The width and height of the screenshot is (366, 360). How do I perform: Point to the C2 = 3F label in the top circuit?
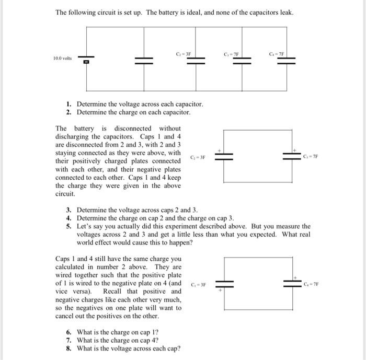click(x=185, y=53)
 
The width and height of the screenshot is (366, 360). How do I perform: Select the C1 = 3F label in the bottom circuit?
click(x=198, y=285)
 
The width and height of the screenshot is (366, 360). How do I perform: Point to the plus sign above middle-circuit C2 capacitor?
click(x=221, y=150)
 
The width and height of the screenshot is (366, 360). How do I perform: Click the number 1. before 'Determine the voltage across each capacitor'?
click(x=68, y=104)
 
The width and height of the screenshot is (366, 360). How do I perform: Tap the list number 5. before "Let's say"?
click(x=68, y=226)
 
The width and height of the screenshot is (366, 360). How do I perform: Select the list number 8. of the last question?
click(x=68, y=349)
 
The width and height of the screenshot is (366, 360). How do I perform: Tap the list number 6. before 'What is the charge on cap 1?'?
click(x=68, y=332)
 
